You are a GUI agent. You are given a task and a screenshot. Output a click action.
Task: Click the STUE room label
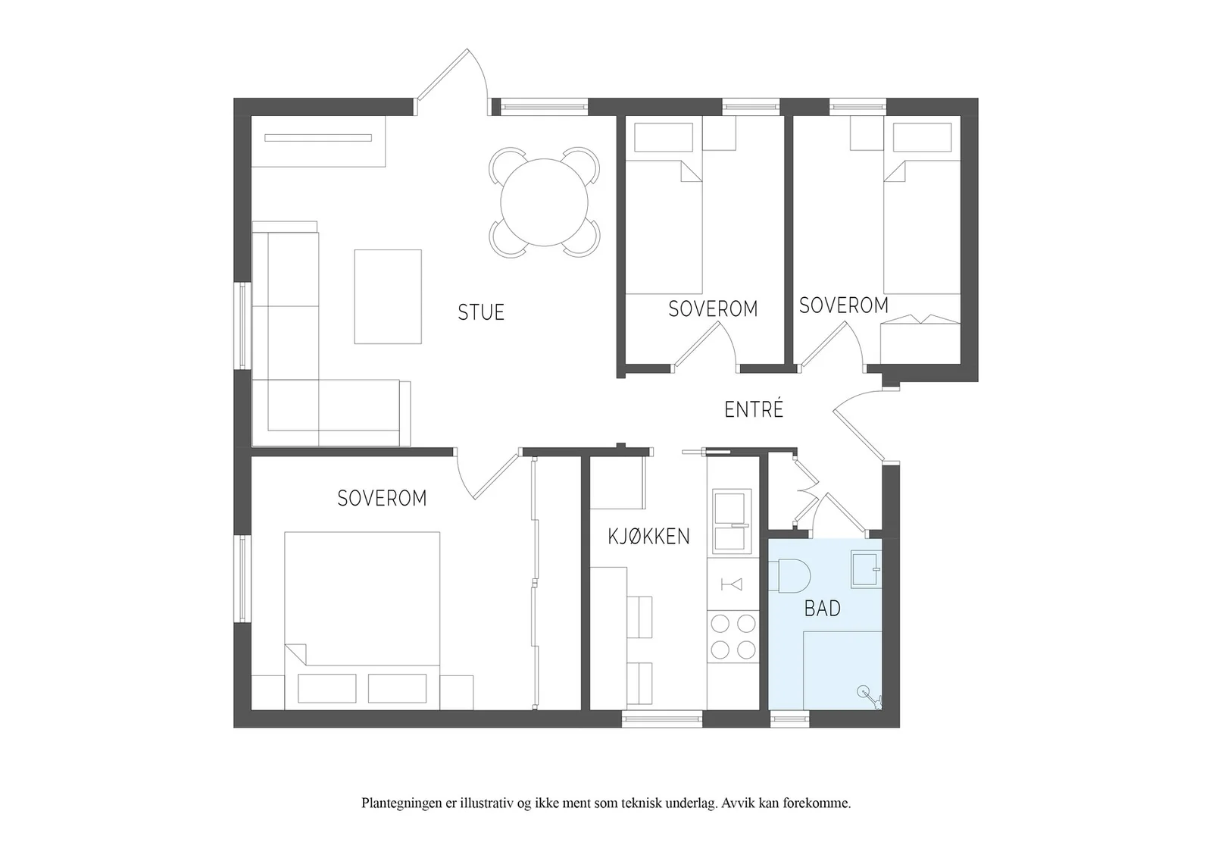[481, 312]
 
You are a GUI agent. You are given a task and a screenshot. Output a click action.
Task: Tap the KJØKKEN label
[648, 537]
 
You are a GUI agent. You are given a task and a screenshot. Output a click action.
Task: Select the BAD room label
[823, 609]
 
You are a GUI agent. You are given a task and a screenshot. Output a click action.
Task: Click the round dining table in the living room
[545, 202]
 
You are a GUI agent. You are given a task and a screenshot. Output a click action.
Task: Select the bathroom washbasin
[867, 569]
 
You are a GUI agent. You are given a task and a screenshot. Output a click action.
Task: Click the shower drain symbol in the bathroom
[863, 691]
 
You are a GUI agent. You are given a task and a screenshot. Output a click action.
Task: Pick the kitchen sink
[732, 521]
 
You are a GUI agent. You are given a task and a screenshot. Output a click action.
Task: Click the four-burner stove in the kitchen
[733, 637]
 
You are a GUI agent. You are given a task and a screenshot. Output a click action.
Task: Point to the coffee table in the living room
[388, 296]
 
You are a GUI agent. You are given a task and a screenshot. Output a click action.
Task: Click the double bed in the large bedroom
[362, 620]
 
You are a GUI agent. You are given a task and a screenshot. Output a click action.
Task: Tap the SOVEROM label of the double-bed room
[382, 498]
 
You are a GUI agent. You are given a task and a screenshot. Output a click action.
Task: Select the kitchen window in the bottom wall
[662, 719]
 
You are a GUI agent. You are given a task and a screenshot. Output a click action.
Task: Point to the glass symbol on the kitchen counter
[732, 584]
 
